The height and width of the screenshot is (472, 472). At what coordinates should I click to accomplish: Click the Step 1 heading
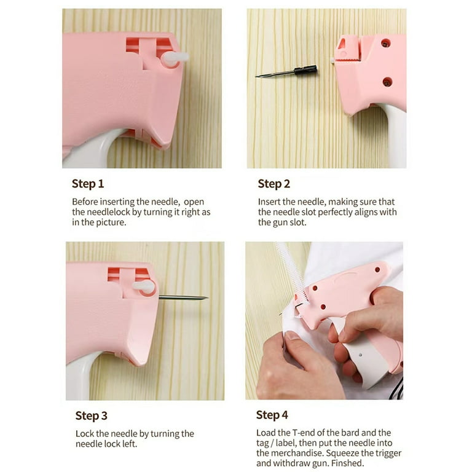pos(88,184)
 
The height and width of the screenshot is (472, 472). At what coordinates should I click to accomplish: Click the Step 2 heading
pos(274,184)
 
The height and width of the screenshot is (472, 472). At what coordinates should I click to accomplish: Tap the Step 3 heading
pos(92,415)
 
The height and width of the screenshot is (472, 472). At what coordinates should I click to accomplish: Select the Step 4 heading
pos(272,415)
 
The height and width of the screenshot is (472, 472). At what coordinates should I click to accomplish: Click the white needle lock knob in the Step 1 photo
pos(175,58)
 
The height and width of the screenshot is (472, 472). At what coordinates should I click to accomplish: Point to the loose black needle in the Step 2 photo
pos(286,73)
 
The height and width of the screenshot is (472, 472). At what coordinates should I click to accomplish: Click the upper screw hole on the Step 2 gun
pos(385,43)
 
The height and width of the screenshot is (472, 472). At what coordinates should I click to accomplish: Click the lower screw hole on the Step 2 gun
pos(387,82)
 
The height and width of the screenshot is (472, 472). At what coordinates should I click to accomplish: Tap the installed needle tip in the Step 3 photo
pos(206,298)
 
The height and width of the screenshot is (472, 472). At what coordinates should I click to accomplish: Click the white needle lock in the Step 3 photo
pos(143,286)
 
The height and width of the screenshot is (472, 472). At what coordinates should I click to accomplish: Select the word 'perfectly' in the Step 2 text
pos(335,212)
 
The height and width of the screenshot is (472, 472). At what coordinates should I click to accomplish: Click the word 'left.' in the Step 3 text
pos(130,444)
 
